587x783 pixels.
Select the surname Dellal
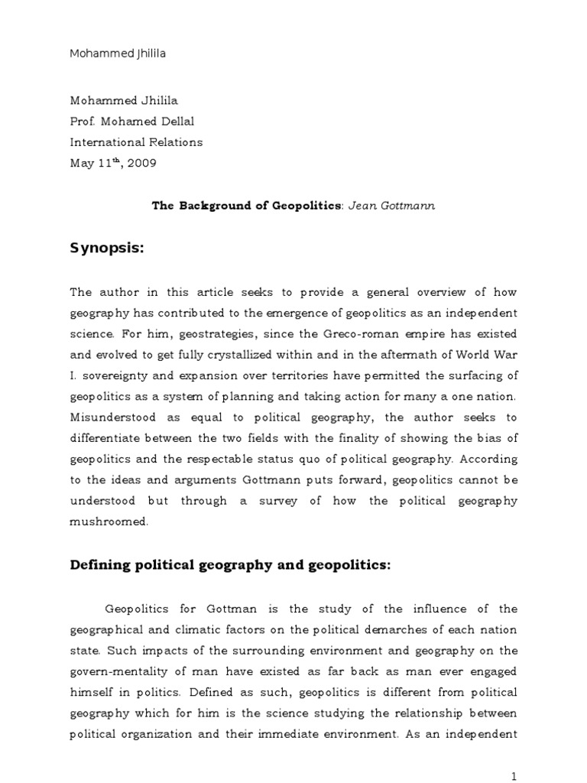point(183,121)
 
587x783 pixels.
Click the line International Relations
point(137,141)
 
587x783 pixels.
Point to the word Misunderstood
point(109,417)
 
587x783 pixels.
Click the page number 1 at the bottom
point(514,776)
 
